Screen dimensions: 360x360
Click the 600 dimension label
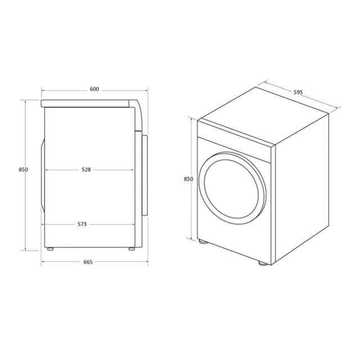[x=94, y=89]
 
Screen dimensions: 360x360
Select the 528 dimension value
[x=85, y=169]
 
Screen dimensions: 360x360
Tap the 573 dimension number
[x=82, y=224]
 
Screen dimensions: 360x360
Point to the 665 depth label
[x=88, y=262]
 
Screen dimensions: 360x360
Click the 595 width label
[x=298, y=92]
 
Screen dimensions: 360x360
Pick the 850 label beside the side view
[x=23, y=169]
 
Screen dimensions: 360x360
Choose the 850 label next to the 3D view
[x=188, y=179]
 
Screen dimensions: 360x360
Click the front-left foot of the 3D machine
[x=202, y=242]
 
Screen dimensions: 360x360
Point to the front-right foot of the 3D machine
[x=263, y=263]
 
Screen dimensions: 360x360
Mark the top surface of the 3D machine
[x=263, y=116]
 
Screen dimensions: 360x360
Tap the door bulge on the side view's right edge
[x=145, y=174]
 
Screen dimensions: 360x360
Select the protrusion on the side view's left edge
[x=43, y=174]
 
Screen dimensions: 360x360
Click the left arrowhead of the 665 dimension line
[x=43, y=262]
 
